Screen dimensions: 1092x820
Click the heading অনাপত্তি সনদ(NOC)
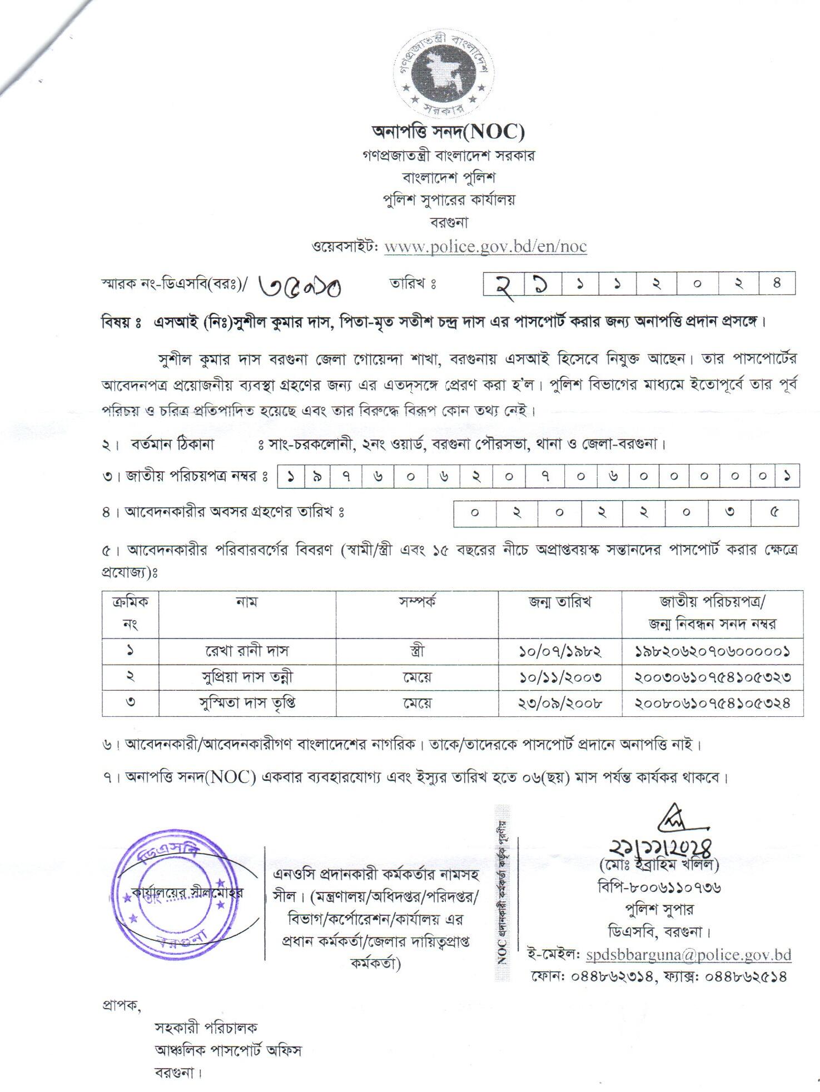(448, 132)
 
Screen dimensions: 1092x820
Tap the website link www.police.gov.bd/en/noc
(485, 246)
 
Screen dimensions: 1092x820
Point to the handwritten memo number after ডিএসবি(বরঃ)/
(301, 286)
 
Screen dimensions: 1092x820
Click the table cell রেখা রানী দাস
(247, 650)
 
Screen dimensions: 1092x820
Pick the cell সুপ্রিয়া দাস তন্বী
(247, 677)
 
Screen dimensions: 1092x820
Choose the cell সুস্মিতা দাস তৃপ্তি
(247, 703)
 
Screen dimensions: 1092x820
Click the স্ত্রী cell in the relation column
(416, 650)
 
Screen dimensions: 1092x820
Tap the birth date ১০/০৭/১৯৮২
(560, 651)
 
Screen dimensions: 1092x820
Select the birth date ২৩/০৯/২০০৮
(560, 704)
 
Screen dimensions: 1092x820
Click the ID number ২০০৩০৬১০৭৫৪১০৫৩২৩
(712, 677)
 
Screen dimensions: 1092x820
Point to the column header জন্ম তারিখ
(560, 602)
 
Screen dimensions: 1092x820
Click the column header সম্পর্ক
(416, 602)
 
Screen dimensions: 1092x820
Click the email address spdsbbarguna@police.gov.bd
(688, 955)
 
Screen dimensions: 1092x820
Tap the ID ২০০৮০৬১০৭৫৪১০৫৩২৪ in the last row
(712, 704)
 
